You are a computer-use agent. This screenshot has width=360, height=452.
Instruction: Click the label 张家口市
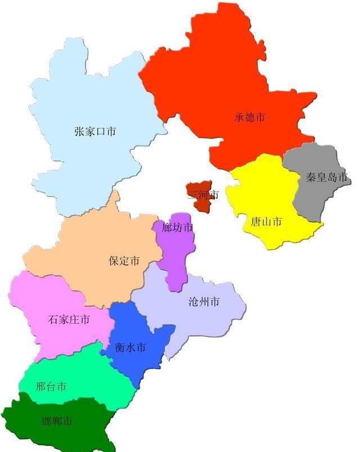pos(95,132)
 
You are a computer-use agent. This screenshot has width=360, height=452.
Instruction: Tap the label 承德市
pos(250,118)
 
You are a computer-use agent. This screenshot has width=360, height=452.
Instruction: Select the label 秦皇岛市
pos(327,178)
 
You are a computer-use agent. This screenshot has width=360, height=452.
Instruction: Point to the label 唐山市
pos(266,222)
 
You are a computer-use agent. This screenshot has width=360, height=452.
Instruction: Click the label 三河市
pos(202,195)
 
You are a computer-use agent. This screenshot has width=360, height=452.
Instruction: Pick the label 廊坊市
pos(177,228)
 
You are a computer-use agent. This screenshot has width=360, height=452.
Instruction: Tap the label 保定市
pos(124,261)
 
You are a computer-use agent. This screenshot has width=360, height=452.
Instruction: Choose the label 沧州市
pos(204,302)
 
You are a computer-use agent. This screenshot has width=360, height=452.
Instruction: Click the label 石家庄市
pos(69,320)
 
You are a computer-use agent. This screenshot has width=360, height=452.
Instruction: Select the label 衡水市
pos(130,348)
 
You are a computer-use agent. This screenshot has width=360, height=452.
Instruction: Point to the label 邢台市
pos(51,387)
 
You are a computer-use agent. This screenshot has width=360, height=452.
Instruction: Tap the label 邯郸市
pos(57,421)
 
